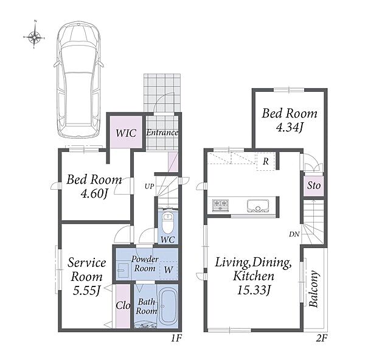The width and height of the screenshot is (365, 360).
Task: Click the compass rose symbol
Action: pos(34,36)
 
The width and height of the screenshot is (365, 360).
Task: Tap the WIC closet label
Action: pos(126,133)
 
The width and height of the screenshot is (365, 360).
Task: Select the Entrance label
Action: pos(162,133)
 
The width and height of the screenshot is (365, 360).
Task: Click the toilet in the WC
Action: pos(167,222)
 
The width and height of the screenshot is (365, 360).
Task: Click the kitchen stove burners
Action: pos(220,206)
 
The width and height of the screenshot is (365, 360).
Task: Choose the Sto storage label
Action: pos(314,185)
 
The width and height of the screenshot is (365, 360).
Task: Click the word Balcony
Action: pos(313,289)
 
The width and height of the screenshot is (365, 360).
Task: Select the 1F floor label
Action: pos(176,338)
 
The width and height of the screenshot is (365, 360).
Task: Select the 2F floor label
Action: pos(322,338)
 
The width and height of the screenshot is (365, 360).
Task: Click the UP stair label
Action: pos(150,186)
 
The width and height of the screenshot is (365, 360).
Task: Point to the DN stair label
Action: pos(294,234)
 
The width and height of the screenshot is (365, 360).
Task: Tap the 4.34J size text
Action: pos(290,127)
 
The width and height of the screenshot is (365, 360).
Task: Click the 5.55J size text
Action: pos(86,291)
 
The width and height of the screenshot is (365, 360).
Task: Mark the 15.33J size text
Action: pos(254,290)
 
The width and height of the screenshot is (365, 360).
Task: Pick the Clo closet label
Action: pos(123,305)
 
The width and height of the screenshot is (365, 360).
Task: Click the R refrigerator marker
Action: pos(266,161)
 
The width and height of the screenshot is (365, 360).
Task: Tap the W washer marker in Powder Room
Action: pos(169,270)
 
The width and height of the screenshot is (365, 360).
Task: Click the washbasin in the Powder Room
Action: pos(123,270)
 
